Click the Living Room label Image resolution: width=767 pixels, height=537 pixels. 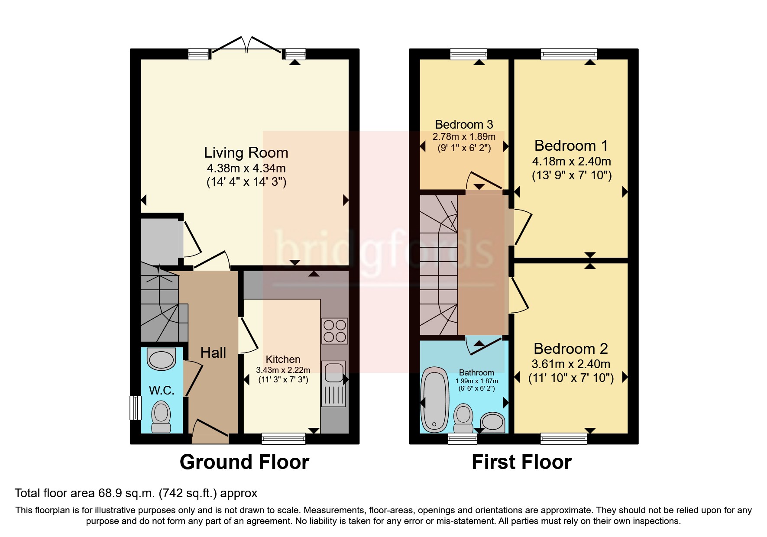point(246,153)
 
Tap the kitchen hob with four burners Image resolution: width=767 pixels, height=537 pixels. point(335,331)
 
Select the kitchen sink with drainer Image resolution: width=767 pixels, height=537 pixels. point(334,384)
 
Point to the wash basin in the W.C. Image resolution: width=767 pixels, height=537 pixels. point(161,359)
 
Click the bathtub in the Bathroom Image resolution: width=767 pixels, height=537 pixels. point(434,399)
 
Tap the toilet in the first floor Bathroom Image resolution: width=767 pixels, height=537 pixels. point(463,417)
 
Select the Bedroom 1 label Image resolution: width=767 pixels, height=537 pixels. point(571,146)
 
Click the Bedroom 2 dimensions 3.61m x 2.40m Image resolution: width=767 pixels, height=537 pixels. point(571,364)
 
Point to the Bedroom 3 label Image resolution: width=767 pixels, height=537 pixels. point(464,125)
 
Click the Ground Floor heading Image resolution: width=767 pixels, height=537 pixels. point(244,462)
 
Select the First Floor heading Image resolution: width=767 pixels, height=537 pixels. point(521,462)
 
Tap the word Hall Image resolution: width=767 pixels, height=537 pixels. point(213,353)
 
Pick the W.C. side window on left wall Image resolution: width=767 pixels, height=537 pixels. point(136,408)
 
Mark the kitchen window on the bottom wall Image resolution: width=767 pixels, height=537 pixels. point(284,439)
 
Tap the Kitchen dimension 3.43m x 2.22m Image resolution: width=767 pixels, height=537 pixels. point(283,370)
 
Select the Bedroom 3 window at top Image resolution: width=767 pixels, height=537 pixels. point(468,54)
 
